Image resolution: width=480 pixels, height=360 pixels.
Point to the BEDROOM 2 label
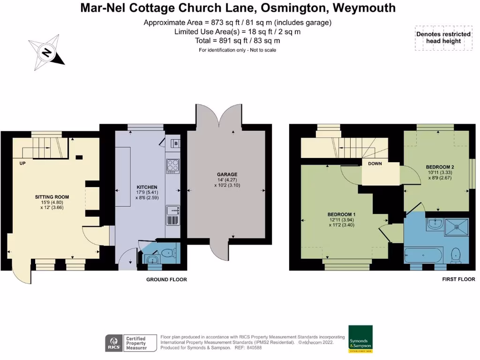point(440,167)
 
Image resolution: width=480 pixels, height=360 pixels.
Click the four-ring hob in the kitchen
point(172,165)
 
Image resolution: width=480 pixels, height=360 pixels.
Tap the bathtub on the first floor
point(423,255)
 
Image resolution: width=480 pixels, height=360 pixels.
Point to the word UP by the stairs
point(22,164)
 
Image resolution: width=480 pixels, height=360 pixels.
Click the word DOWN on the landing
point(375,164)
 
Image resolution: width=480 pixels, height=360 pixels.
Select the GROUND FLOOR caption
point(166,280)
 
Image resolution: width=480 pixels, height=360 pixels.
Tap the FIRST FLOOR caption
point(458,280)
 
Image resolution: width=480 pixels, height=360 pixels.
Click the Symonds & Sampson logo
point(360,339)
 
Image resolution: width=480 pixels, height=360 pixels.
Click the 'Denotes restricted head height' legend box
point(443,37)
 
